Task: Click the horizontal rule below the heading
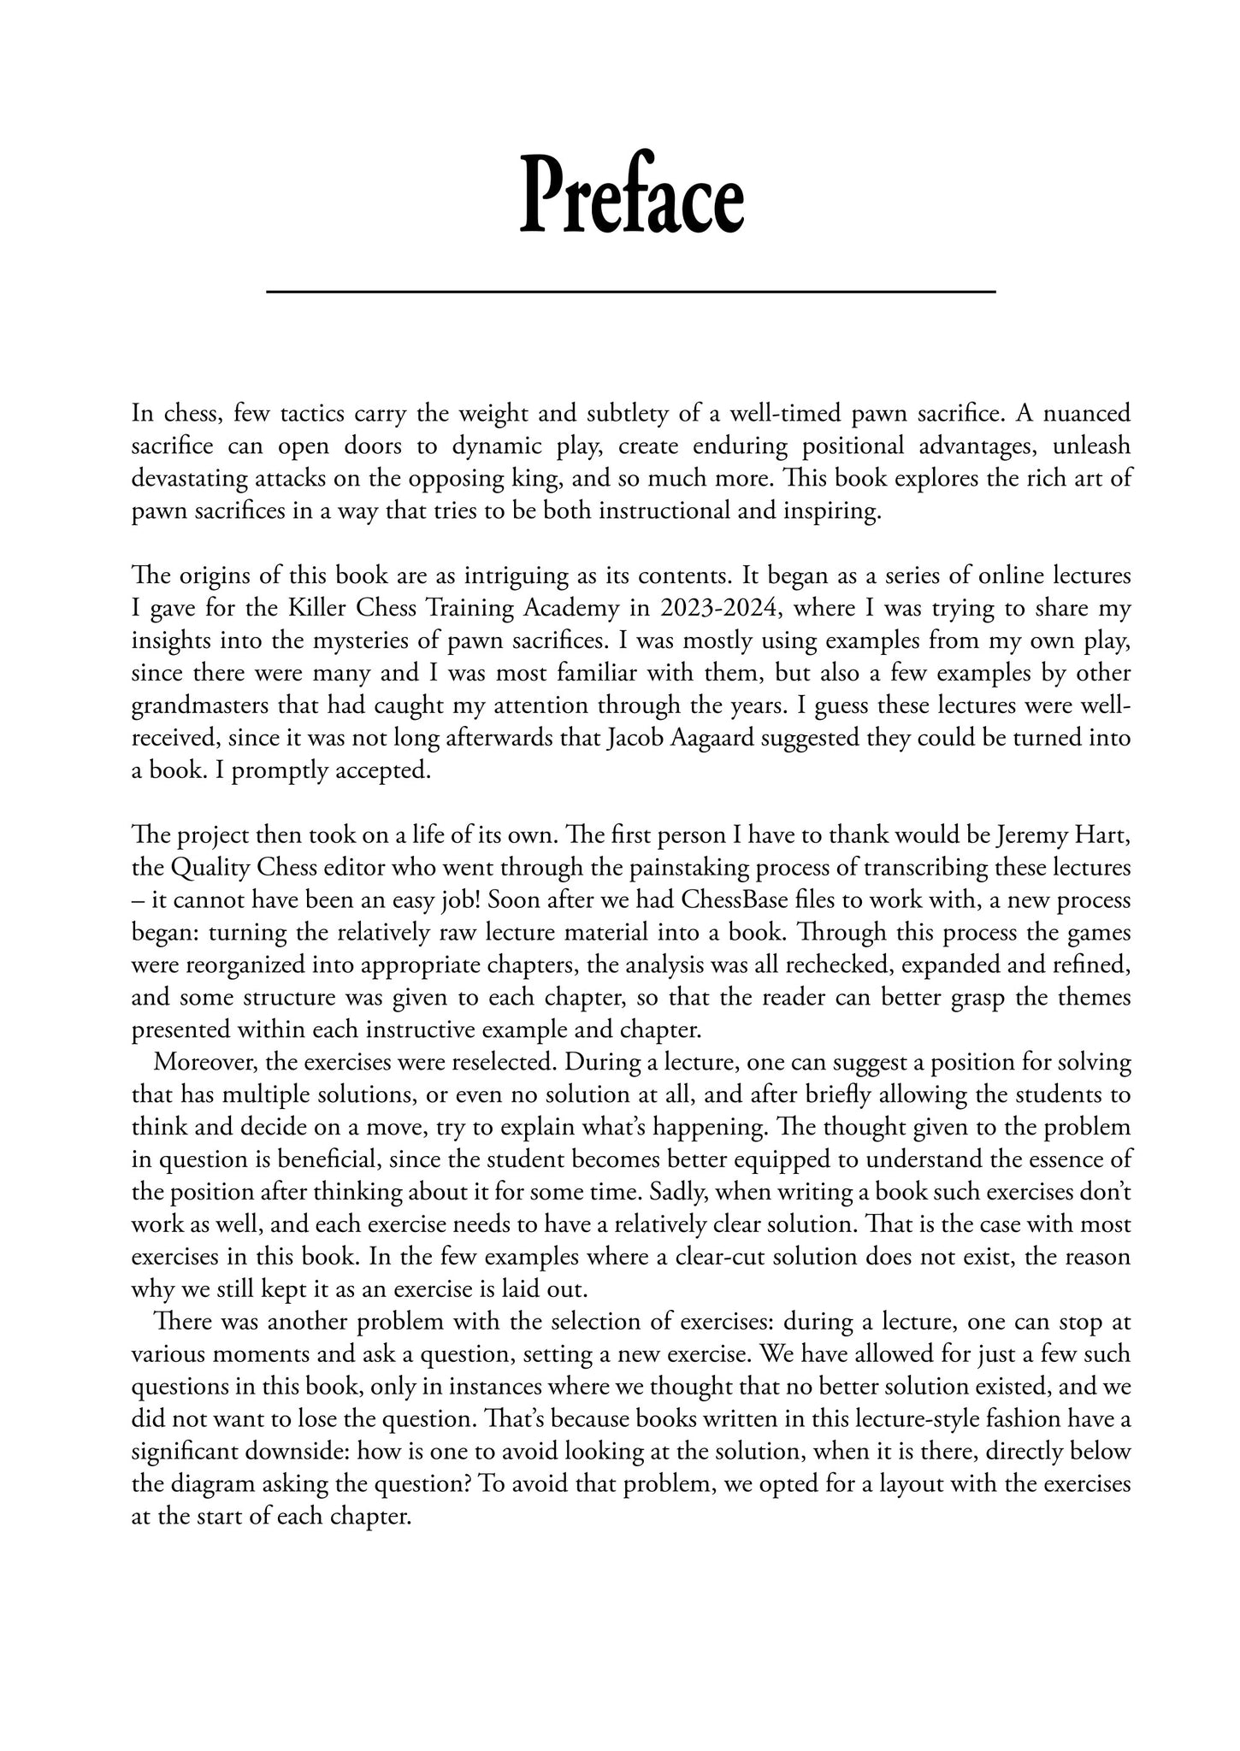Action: click(x=631, y=292)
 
